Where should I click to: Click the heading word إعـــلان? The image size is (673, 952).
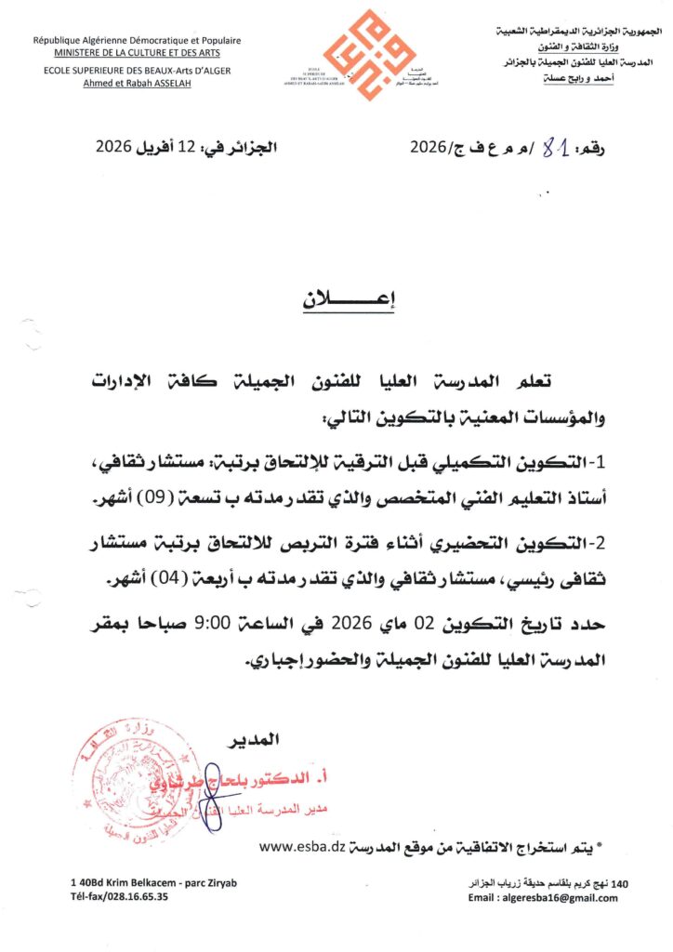(336, 301)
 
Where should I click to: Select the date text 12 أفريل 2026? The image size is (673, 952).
(157, 147)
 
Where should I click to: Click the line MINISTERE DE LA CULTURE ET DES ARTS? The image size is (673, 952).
(136, 52)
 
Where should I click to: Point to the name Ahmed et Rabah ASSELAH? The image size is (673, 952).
(136, 81)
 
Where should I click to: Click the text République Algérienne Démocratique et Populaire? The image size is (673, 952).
(136, 40)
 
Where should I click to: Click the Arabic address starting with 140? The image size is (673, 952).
(551, 883)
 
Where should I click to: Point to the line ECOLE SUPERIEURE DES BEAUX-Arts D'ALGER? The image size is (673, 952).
(136, 70)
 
